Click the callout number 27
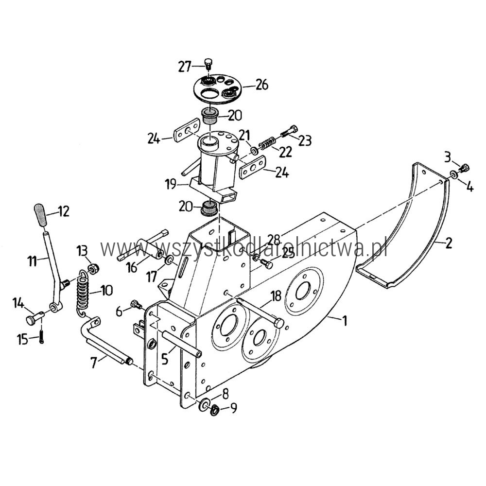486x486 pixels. (184, 66)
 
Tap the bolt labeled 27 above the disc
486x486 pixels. (209, 64)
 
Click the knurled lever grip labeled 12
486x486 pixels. (40, 214)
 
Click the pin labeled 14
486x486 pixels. (35, 318)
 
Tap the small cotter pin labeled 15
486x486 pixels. (41, 337)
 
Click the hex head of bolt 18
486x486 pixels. (278, 323)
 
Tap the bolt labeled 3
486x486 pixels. (465, 168)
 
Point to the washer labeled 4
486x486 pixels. (453, 175)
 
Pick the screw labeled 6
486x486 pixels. (136, 305)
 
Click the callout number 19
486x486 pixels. (171, 185)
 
